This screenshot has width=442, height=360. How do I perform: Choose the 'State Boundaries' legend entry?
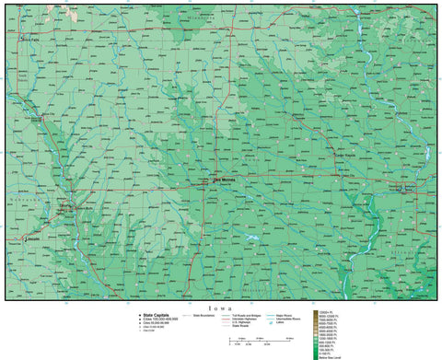(208, 314)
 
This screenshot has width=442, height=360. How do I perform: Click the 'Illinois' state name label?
(410, 249)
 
